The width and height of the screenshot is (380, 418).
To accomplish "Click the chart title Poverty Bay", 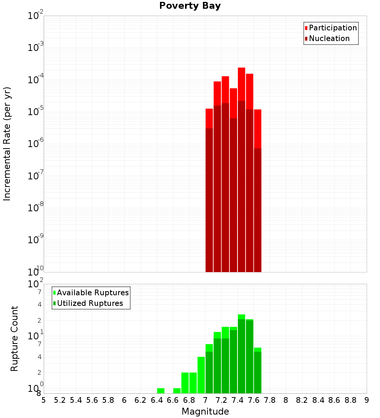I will pos(190,6).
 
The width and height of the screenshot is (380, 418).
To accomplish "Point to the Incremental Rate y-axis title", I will pos(7,144).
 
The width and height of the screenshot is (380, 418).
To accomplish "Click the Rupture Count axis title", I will pos(14,339).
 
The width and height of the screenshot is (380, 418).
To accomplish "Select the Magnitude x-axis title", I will pos(205,412).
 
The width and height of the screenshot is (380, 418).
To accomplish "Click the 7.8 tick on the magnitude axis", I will pos(270,400).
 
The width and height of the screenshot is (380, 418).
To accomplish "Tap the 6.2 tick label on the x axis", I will pos(141,400).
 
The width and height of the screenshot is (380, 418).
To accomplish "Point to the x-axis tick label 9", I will pos(367,400).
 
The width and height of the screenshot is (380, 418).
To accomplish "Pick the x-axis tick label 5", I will pos(44,400).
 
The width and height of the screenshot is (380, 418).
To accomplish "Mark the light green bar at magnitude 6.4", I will pos(161,391).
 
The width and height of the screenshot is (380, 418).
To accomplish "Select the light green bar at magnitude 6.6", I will pos(177,391).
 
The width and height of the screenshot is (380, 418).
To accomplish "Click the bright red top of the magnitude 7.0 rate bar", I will pos(209,118).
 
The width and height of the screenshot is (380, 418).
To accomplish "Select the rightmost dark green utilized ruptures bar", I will pos(258,372).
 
